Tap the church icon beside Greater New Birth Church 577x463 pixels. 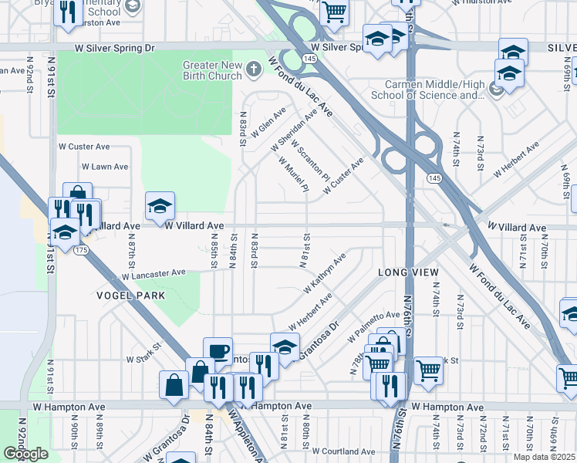[x=253, y=71]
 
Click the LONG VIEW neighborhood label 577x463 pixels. [x=408, y=272]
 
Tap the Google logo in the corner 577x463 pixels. [x=25, y=454]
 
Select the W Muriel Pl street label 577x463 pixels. [x=294, y=174]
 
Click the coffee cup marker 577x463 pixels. [x=218, y=350]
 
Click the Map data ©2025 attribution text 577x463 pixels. [x=545, y=457]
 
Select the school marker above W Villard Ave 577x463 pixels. [x=160, y=205]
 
